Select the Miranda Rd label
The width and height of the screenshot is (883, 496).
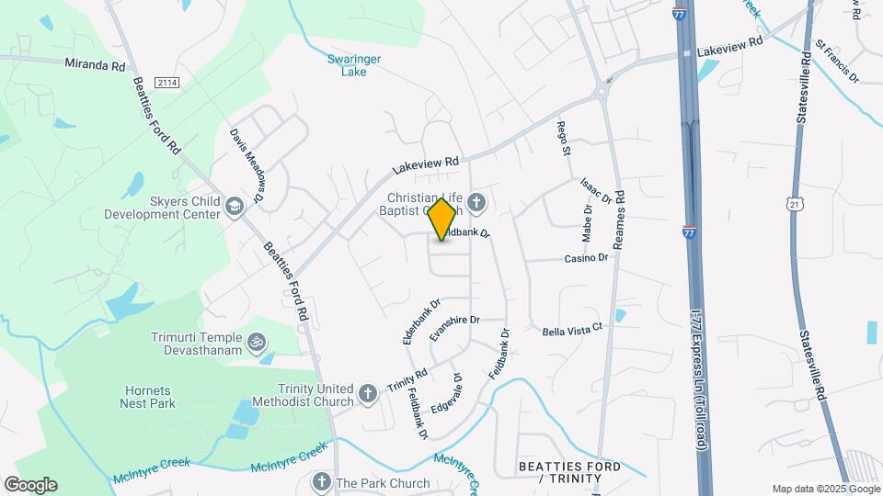94,65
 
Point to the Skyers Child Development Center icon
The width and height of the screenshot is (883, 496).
235,206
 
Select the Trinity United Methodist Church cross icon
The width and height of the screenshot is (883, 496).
368,394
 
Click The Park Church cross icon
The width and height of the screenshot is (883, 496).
321,481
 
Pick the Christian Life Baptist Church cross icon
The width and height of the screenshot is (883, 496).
476,201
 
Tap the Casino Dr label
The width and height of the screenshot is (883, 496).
587,258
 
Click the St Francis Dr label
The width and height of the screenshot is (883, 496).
837,61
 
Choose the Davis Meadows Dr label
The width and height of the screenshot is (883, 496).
247,165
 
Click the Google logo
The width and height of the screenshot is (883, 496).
30,485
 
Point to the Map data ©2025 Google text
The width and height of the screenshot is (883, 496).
824,489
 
